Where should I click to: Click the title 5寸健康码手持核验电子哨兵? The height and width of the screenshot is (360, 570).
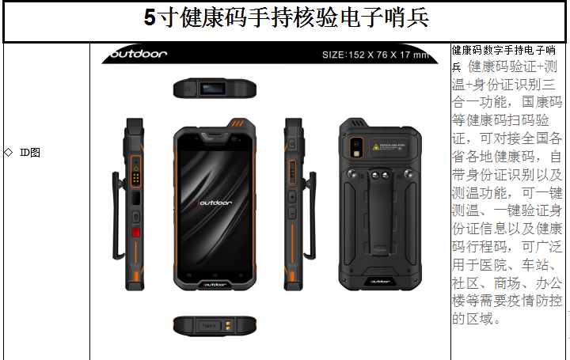(286, 17)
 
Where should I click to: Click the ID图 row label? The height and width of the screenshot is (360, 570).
(30, 153)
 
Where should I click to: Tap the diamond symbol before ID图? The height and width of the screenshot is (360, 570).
(9, 152)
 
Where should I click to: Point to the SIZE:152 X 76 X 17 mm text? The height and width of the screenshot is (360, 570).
(375, 55)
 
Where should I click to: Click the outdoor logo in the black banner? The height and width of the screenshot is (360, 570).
(138, 54)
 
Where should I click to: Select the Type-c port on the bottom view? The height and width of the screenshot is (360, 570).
(209, 325)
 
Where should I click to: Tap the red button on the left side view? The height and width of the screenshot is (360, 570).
(136, 232)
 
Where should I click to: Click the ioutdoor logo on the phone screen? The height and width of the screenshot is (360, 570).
(215, 203)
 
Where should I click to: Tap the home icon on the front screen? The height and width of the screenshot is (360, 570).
(215, 275)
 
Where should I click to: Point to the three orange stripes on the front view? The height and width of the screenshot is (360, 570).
(237, 123)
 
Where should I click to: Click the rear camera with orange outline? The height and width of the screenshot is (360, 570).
(356, 147)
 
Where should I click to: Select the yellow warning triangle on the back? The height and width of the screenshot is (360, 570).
(376, 146)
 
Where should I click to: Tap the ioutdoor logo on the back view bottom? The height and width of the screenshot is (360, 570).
(380, 282)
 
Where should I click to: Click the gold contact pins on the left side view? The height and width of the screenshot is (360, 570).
(136, 178)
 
